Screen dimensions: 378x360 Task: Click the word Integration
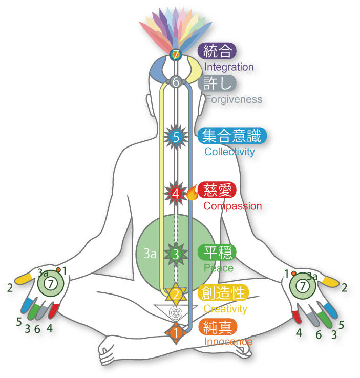(229, 67)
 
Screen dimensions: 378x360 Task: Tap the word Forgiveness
(234, 99)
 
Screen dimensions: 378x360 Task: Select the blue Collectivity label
(229, 152)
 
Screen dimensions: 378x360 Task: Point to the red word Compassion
(232, 206)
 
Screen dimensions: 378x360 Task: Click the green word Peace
(218, 268)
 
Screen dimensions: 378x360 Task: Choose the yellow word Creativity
(225, 309)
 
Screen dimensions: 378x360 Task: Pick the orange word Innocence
(228, 342)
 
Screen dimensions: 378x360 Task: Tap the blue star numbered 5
(176, 137)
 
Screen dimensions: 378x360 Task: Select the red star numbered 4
(176, 194)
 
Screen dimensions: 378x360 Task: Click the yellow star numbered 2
(176, 294)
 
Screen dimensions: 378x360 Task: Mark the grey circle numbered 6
(176, 82)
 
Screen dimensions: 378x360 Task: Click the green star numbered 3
(176, 253)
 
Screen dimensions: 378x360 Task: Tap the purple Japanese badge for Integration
(217, 51)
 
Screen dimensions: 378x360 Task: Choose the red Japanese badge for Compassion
(217, 190)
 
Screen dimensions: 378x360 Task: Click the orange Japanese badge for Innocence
(217, 327)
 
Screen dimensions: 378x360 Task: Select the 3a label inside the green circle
(150, 254)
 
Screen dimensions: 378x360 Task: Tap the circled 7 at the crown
(176, 55)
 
